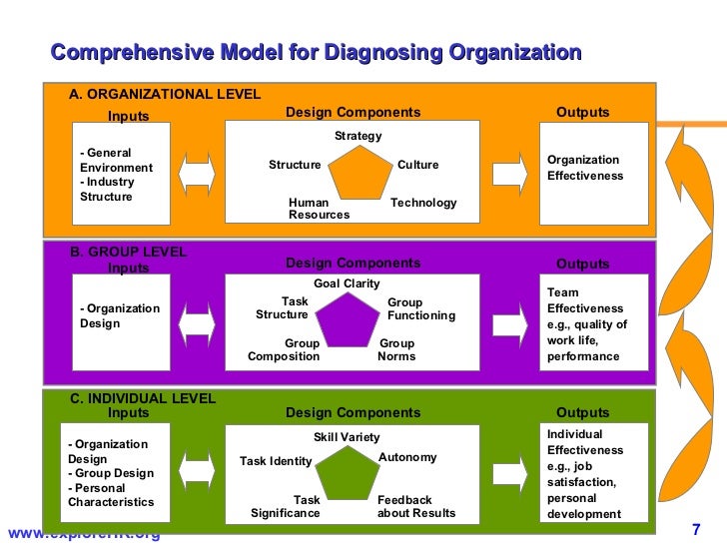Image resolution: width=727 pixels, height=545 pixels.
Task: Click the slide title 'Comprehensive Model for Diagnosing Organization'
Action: (316, 52)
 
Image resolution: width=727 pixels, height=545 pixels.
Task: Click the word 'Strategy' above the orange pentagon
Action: (358, 136)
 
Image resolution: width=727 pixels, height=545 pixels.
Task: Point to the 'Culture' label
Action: (417, 165)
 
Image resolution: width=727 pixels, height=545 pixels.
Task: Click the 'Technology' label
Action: (423, 203)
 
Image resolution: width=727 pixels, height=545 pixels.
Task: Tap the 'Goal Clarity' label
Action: (347, 283)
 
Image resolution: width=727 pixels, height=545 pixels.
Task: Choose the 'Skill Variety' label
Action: (347, 437)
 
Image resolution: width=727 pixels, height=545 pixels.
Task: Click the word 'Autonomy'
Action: (407, 457)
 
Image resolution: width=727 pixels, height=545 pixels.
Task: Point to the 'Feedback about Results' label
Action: (415, 507)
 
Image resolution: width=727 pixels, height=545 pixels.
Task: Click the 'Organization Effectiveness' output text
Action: (584, 168)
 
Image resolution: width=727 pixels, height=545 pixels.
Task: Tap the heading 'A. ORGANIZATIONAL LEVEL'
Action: (165, 95)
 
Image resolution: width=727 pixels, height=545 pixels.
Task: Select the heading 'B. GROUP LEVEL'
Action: (128, 253)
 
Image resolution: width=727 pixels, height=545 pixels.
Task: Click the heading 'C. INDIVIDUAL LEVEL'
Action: (142, 398)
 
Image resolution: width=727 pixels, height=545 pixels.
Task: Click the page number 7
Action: (696, 529)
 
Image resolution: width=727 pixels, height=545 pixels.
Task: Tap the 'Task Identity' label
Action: (276, 461)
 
